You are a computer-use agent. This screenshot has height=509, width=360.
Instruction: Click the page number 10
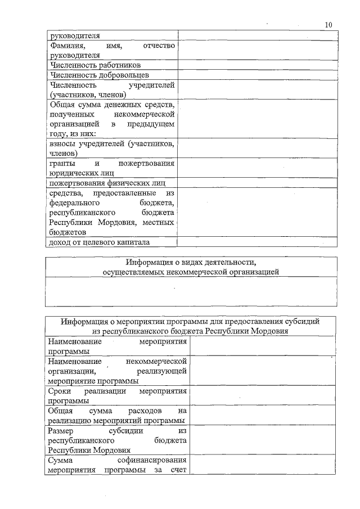pyautogui.click(x=328, y=24)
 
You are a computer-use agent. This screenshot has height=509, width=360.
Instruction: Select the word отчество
pyautogui.click(x=159, y=46)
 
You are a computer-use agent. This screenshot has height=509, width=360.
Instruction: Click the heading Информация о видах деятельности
pyautogui.click(x=191, y=263)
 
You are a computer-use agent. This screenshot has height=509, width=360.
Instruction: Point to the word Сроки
pyautogui.click(x=59, y=391)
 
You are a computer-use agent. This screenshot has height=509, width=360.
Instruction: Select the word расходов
pyautogui.click(x=145, y=411)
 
